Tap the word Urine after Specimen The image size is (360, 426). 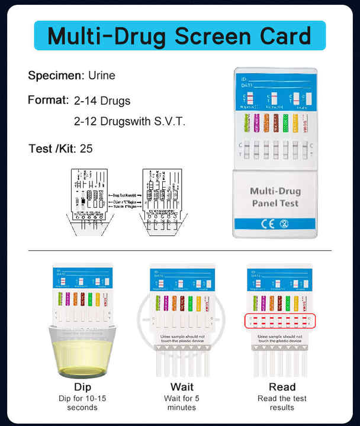point(102,76)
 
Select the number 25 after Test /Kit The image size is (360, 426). point(86,148)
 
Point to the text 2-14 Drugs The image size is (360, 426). point(102,101)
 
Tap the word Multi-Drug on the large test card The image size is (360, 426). point(275,191)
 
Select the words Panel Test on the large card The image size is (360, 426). point(275,204)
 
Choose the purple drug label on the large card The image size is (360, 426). point(256,123)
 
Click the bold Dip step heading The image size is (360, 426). point(83,388)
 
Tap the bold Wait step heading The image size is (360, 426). point(182,388)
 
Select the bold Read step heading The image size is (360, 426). point(282,388)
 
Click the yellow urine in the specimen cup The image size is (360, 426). point(83,355)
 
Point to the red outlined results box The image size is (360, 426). point(281,321)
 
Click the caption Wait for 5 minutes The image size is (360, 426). point(182,403)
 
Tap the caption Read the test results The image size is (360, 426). point(282,403)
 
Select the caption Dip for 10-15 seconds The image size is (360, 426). point(83,403)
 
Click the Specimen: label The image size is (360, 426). point(56,76)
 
